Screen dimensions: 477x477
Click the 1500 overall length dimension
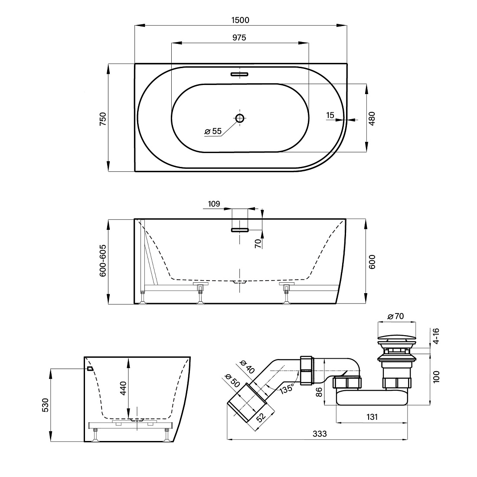(x=240, y=20)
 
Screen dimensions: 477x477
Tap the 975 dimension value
(x=239, y=38)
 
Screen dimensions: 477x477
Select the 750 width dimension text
(x=103, y=119)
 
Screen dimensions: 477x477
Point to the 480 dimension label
(x=372, y=119)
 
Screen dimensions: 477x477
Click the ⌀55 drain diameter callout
(x=213, y=131)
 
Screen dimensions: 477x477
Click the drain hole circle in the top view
(x=240, y=118)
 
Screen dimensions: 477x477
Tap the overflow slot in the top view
(x=239, y=74)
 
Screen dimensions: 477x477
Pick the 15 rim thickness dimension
(x=330, y=116)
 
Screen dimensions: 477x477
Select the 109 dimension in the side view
(x=214, y=204)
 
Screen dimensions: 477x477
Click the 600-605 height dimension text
(x=103, y=261)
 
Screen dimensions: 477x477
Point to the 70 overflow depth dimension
(x=258, y=243)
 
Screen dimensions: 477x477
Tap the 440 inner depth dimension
(x=123, y=388)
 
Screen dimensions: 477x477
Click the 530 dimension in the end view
(x=46, y=405)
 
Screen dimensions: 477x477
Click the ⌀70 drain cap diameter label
(x=395, y=317)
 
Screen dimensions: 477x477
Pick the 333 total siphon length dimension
(x=320, y=434)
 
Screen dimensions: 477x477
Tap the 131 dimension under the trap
(x=372, y=417)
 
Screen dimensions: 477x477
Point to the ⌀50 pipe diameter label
(x=232, y=381)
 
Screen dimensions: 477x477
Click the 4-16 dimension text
(x=436, y=336)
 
